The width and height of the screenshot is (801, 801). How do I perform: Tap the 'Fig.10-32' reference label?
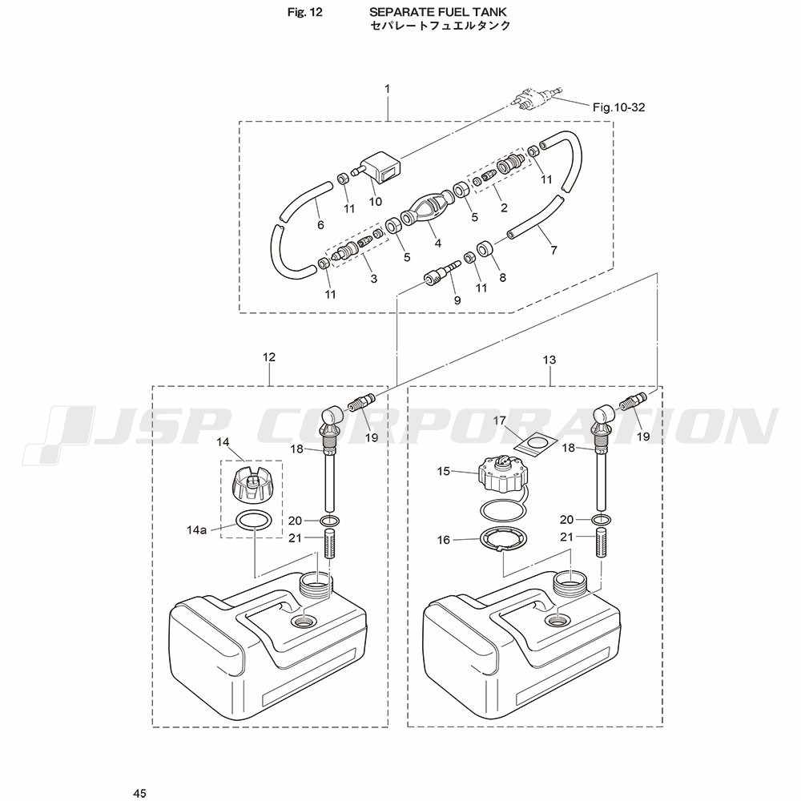[618, 107]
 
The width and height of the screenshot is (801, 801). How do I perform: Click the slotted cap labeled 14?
[252, 484]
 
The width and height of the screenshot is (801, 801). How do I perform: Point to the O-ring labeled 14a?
[253, 521]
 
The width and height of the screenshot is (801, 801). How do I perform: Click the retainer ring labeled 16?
[501, 541]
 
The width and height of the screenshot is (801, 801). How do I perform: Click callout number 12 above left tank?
[268, 357]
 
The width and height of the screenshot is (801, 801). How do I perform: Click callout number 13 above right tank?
[549, 360]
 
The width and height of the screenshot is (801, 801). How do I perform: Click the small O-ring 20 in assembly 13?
[602, 520]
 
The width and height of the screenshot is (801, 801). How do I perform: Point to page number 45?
[139, 793]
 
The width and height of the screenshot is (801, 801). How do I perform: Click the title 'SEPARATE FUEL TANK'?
[439, 12]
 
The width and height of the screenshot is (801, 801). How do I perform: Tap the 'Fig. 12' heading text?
[305, 12]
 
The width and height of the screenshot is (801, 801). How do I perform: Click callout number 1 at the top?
[387, 89]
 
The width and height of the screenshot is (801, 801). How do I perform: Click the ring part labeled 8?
[485, 249]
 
